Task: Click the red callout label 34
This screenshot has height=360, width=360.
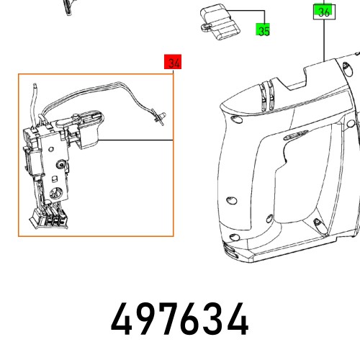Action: tap(173, 63)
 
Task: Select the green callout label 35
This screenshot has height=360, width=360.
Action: tap(264, 30)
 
